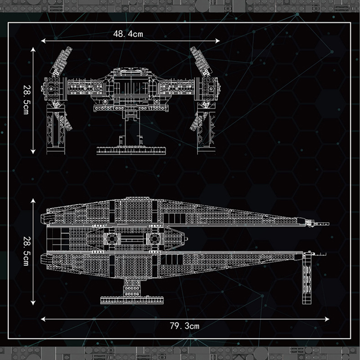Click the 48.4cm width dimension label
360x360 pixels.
(x=128, y=34)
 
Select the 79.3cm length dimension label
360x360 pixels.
(x=184, y=326)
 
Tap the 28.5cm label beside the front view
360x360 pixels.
(x=27, y=99)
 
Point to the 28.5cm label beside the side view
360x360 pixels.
(x=27, y=251)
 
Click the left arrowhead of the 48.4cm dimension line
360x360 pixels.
(x=43, y=41)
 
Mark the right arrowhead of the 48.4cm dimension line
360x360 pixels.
(x=218, y=41)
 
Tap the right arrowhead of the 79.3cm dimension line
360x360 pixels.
(x=327, y=319)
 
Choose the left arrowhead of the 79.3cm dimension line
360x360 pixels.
(x=43, y=319)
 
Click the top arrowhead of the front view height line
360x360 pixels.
(x=33, y=49)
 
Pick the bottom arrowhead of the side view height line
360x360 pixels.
(x=33, y=303)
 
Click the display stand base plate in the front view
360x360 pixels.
(x=131, y=150)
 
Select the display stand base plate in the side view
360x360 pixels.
(x=132, y=300)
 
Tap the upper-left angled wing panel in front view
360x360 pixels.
(x=61, y=62)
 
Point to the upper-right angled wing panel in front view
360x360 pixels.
(x=200, y=62)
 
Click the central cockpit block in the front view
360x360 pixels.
(x=131, y=86)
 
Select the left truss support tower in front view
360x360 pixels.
(x=56, y=128)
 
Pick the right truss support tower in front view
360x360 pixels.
(x=206, y=128)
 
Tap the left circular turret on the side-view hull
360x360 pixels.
(x=112, y=239)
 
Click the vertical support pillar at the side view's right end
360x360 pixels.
(x=307, y=279)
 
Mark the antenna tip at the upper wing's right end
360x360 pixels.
(x=328, y=223)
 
